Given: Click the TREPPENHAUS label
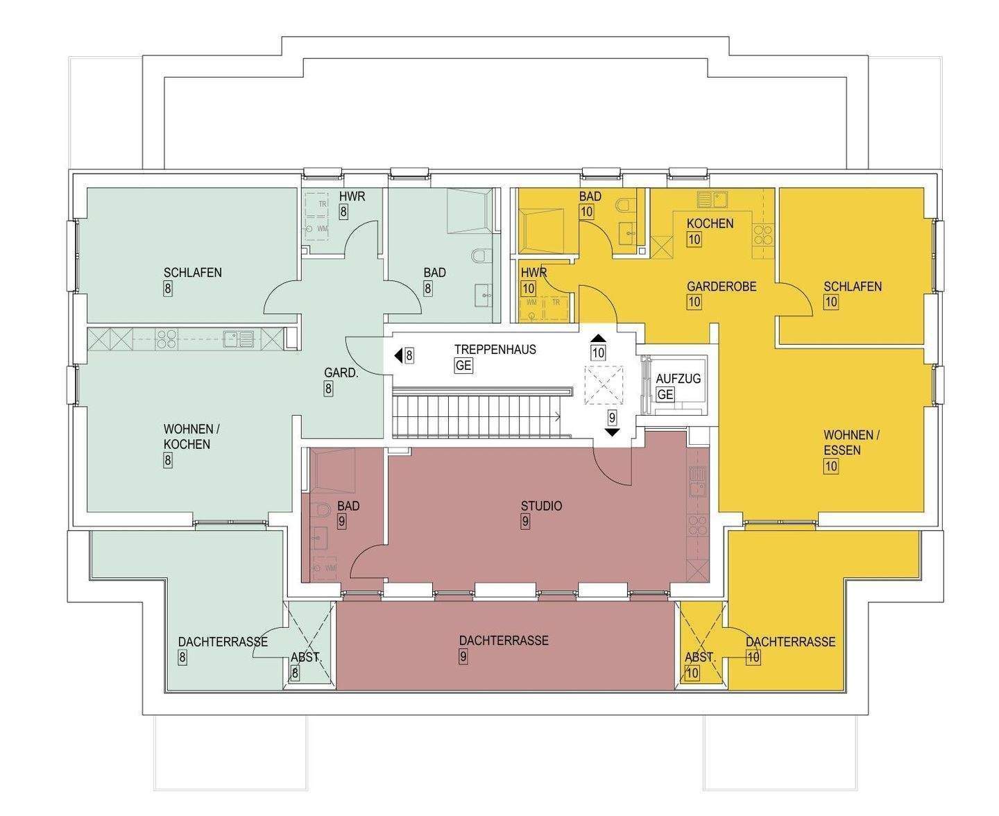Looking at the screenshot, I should pyautogui.click(x=495, y=349).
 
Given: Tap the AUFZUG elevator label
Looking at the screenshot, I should pyautogui.click(x=678, y=379).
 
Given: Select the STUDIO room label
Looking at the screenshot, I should pyautogui.click(x=541, y=506).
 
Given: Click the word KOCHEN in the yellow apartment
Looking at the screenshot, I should pyautogui.click(x=710, y=223).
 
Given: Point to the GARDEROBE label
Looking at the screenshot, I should pyautogui.click(x=721, y=286).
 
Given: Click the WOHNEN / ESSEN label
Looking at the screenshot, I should pyautogui.click(x=851, y=443).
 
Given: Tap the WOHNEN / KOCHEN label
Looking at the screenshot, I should pyautogui.click(x=187, y=436).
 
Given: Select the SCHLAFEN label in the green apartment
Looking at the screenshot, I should pyautogui.click(x=193, y=272).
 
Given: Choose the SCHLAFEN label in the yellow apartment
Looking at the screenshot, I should pyautogui.click(x=853, y=286).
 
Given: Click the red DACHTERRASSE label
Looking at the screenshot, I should pyautogui.click(x=504, y=640).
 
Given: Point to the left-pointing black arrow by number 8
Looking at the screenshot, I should pyautogui.click(x=398, y=356).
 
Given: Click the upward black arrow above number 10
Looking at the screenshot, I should pyautogui.click(x=598, y=339).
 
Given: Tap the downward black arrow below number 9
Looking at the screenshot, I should pyautogui.click(x=612, y=432).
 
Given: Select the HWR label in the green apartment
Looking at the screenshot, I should pyautogui.click(x=352, y=196).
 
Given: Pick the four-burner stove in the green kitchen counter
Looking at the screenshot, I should pyautogui.click(x=165, y=339).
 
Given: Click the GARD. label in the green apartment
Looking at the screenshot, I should pyautogui.click(x=341, y=373).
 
